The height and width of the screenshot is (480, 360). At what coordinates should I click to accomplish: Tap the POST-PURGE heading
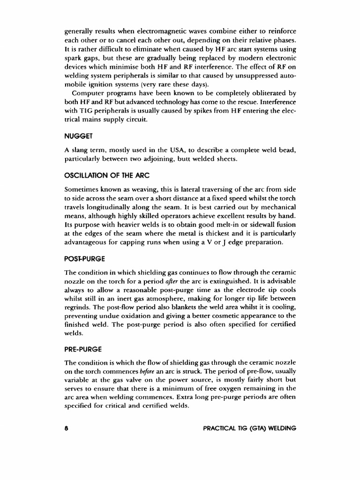pyautogui.click(x=85, y=259)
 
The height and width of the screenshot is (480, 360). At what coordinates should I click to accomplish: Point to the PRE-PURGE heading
pyautogui.click(x=83, y=349)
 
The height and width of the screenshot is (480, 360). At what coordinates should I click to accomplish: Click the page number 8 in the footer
pyautogui.click(x=67, y=428)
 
